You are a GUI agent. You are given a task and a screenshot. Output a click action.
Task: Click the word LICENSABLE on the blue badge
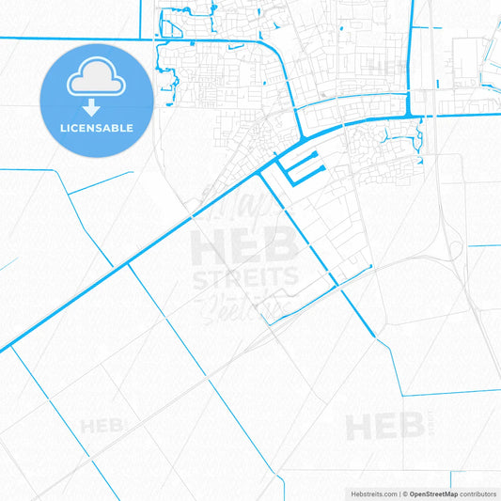point(96,128)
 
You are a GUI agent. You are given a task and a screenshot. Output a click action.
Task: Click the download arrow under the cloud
point(96,107)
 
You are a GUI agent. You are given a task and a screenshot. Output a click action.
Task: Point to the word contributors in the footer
point(478,493)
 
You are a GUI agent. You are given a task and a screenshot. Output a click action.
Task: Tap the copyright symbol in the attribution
point(404,493)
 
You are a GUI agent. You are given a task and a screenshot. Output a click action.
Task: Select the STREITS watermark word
point(244,278)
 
